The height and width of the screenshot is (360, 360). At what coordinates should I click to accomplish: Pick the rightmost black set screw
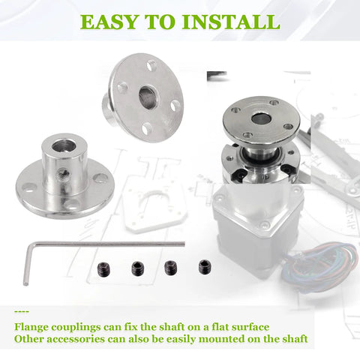[x=204, y=265]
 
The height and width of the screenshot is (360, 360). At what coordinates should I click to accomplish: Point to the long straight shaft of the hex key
[x=105, y=244]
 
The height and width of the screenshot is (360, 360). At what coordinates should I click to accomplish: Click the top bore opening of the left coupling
[x=58, y=141]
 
